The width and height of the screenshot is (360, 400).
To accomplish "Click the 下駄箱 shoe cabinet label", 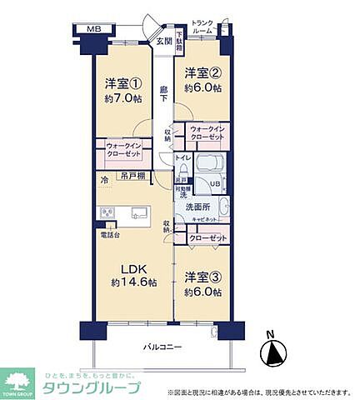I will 177,42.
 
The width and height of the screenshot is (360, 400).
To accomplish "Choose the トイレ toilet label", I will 182,157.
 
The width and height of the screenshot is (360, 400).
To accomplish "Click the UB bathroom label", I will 213,183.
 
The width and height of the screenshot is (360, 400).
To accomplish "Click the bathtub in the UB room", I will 213,162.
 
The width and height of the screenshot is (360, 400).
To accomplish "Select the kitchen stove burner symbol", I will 107,212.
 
